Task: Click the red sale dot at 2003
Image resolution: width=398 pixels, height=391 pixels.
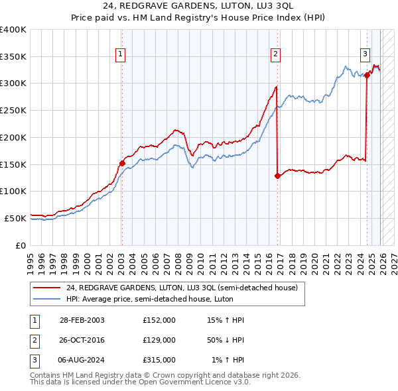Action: pyautogui.click(x=122, y=163)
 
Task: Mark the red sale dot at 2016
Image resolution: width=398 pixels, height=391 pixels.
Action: pyautogui.click(x=277, y=176)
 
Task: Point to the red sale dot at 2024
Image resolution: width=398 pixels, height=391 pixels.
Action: pyautogui.click(x=367, y=76)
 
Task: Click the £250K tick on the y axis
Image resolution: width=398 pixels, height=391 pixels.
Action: pyautogui.click(x=13, y=110)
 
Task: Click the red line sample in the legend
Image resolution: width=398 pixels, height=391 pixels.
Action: pyautogui.click(x=47, y=288)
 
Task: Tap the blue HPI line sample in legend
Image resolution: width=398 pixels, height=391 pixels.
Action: pyautogui.click(x=47, y=299)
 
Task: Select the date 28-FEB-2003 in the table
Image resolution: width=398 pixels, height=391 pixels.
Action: pyautogui.click(x=82, y=320)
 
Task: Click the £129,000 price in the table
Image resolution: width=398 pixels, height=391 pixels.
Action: pyautogui.click(x=159, y=340)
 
